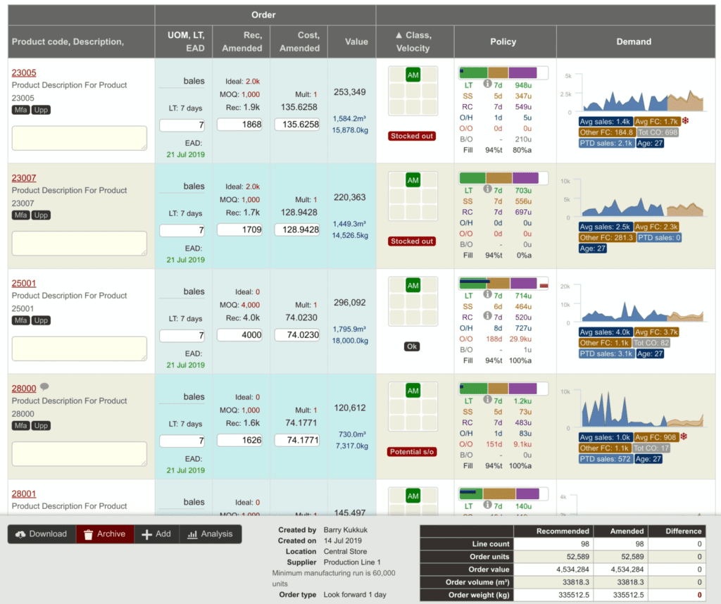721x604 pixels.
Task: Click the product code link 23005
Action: (24, 73)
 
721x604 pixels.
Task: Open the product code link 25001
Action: (24, 283)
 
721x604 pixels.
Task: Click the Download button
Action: (41, 534)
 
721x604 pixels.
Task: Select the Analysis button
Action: (210, 534)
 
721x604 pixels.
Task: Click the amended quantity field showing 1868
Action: (239, 125)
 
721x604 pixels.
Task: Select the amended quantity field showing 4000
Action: (239, 335)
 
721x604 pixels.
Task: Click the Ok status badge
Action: (413, 346)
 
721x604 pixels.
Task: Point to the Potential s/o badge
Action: (413, 451)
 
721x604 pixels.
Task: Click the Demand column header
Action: (634, 42)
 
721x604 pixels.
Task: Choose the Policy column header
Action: (504, 42)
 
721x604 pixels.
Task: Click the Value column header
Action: (356, 42)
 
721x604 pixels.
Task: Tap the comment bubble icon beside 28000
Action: (44, 387)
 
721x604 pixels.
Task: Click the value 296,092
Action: (350, 303)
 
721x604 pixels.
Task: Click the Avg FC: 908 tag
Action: (656, 437)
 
